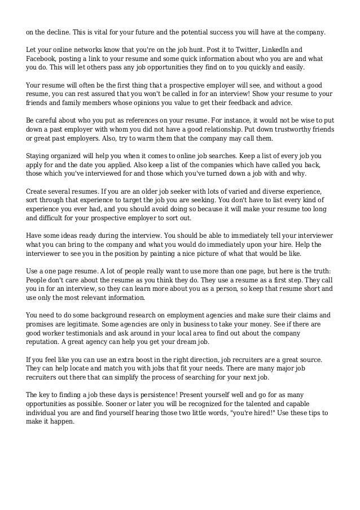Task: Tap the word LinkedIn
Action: pos(273,49)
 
